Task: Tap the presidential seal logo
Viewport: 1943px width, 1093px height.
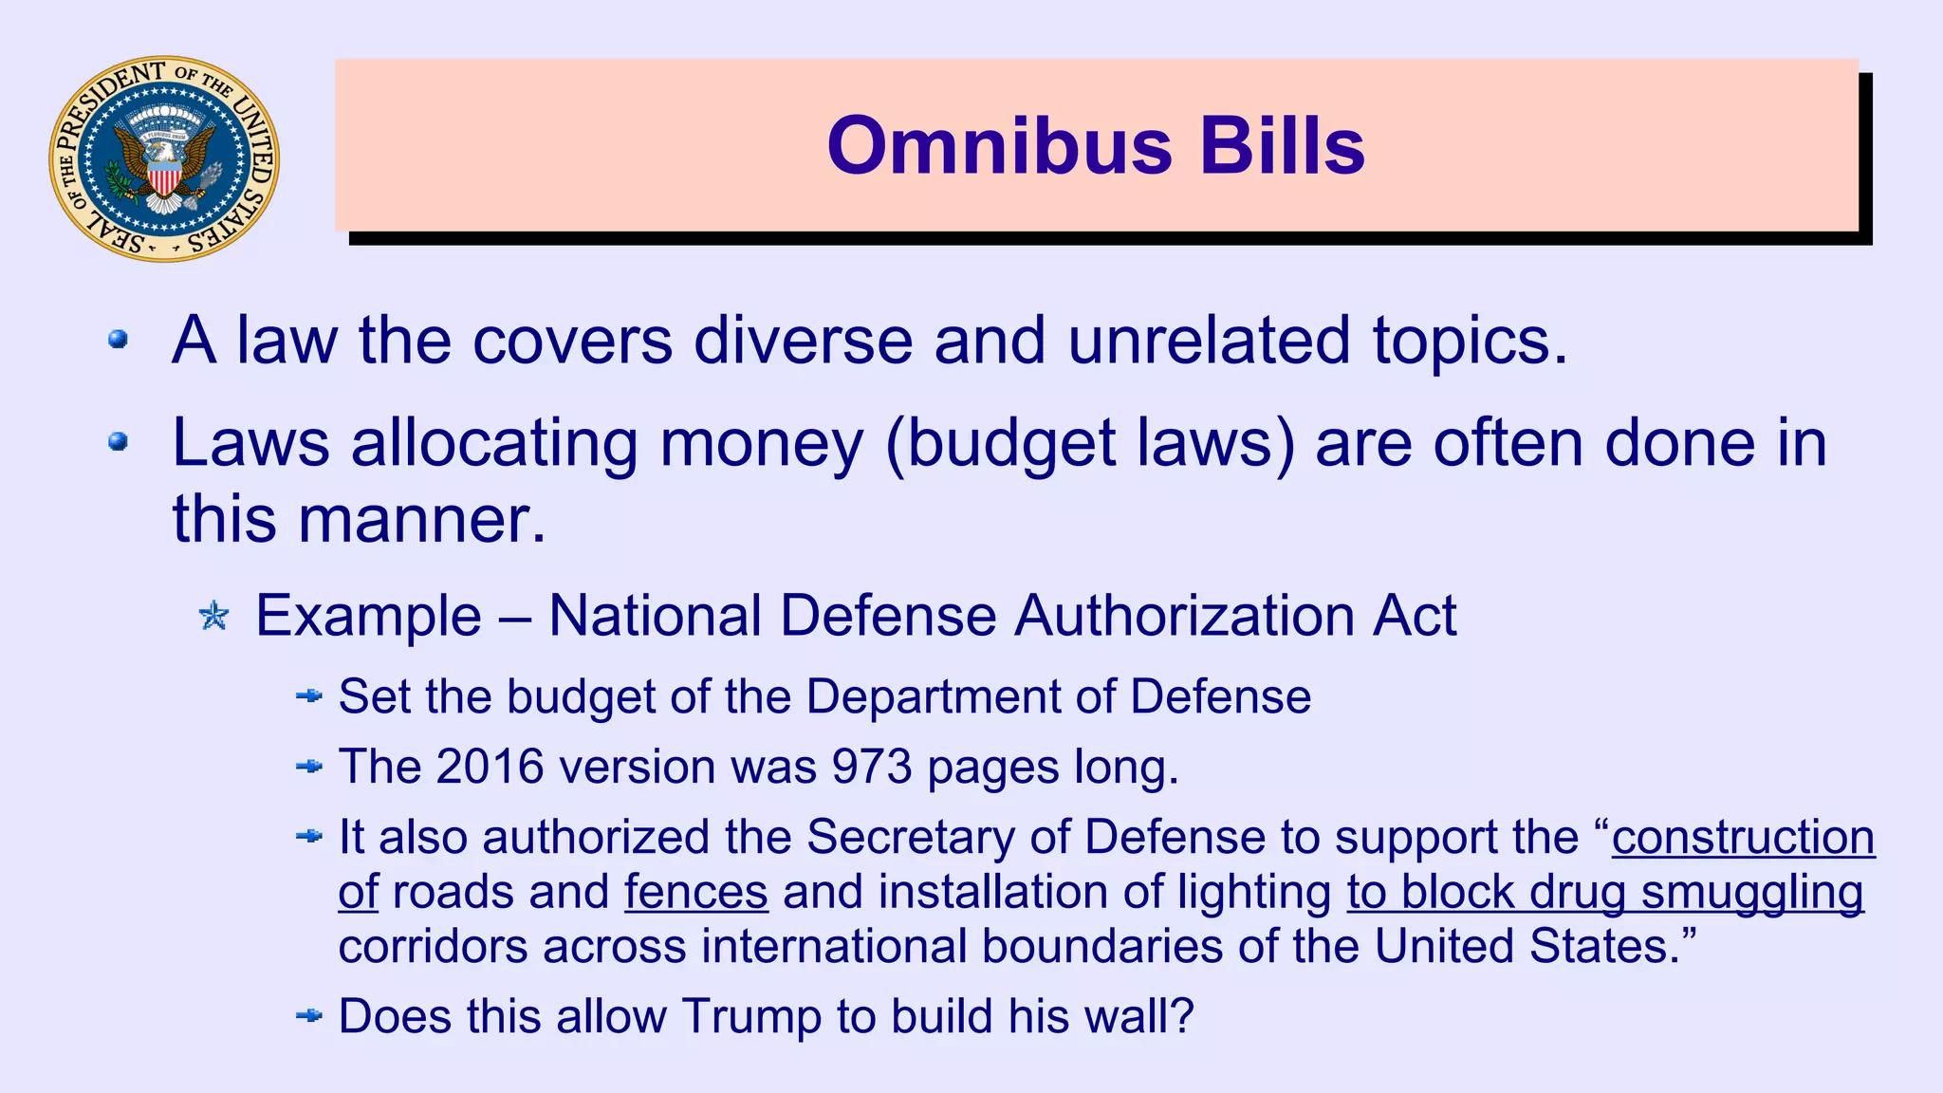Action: (x=164, y=158)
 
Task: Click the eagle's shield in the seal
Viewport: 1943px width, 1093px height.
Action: (x=164, y=177)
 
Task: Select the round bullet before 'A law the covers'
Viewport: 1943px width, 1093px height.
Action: (x=119, y=339)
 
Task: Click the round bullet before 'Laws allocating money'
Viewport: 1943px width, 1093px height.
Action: (x=119, y=441)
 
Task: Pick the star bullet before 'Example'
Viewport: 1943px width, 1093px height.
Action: (x=214, y=617)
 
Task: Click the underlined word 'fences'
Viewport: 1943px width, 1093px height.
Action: (x=695, y=892)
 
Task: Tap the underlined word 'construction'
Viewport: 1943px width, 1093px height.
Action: (x=1743, y=837)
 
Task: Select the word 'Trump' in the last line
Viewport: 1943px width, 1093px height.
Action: (x=751, y=1016)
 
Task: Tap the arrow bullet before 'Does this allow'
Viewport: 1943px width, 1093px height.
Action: (x=309, y=1016)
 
